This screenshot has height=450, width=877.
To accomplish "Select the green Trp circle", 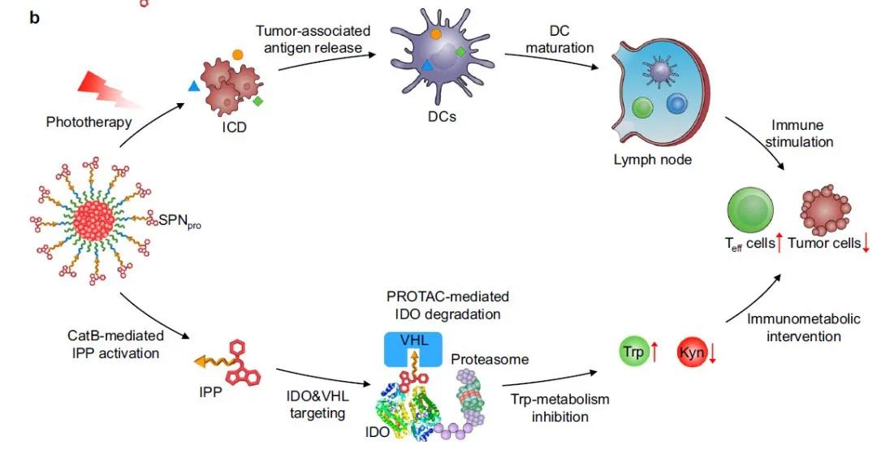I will pyautogui.click(x=633, y=353).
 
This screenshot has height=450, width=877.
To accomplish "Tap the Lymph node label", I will pyautogui.click(x=652, y=159).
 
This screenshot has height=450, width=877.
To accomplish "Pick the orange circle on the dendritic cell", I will pyautogui.click(x=435, y=34).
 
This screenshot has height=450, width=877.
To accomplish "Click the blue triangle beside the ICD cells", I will pyautogui.click(x=194, y=85).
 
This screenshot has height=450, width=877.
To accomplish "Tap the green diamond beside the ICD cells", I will pyautogui.click(x=257, y=101).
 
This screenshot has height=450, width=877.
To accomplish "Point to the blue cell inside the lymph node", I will pyautogui.click(x=676, y=103).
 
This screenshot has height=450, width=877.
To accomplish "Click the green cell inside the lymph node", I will pyautogui.click(x=642, y=107).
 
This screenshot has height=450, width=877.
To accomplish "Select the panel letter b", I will pyautogui.click(x=35, y=16).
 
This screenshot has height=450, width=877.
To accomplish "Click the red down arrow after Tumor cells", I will pyautogui.click(x=866, y=243).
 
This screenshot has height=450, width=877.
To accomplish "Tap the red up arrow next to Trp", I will pyautogui.click(x=655, y=353).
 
